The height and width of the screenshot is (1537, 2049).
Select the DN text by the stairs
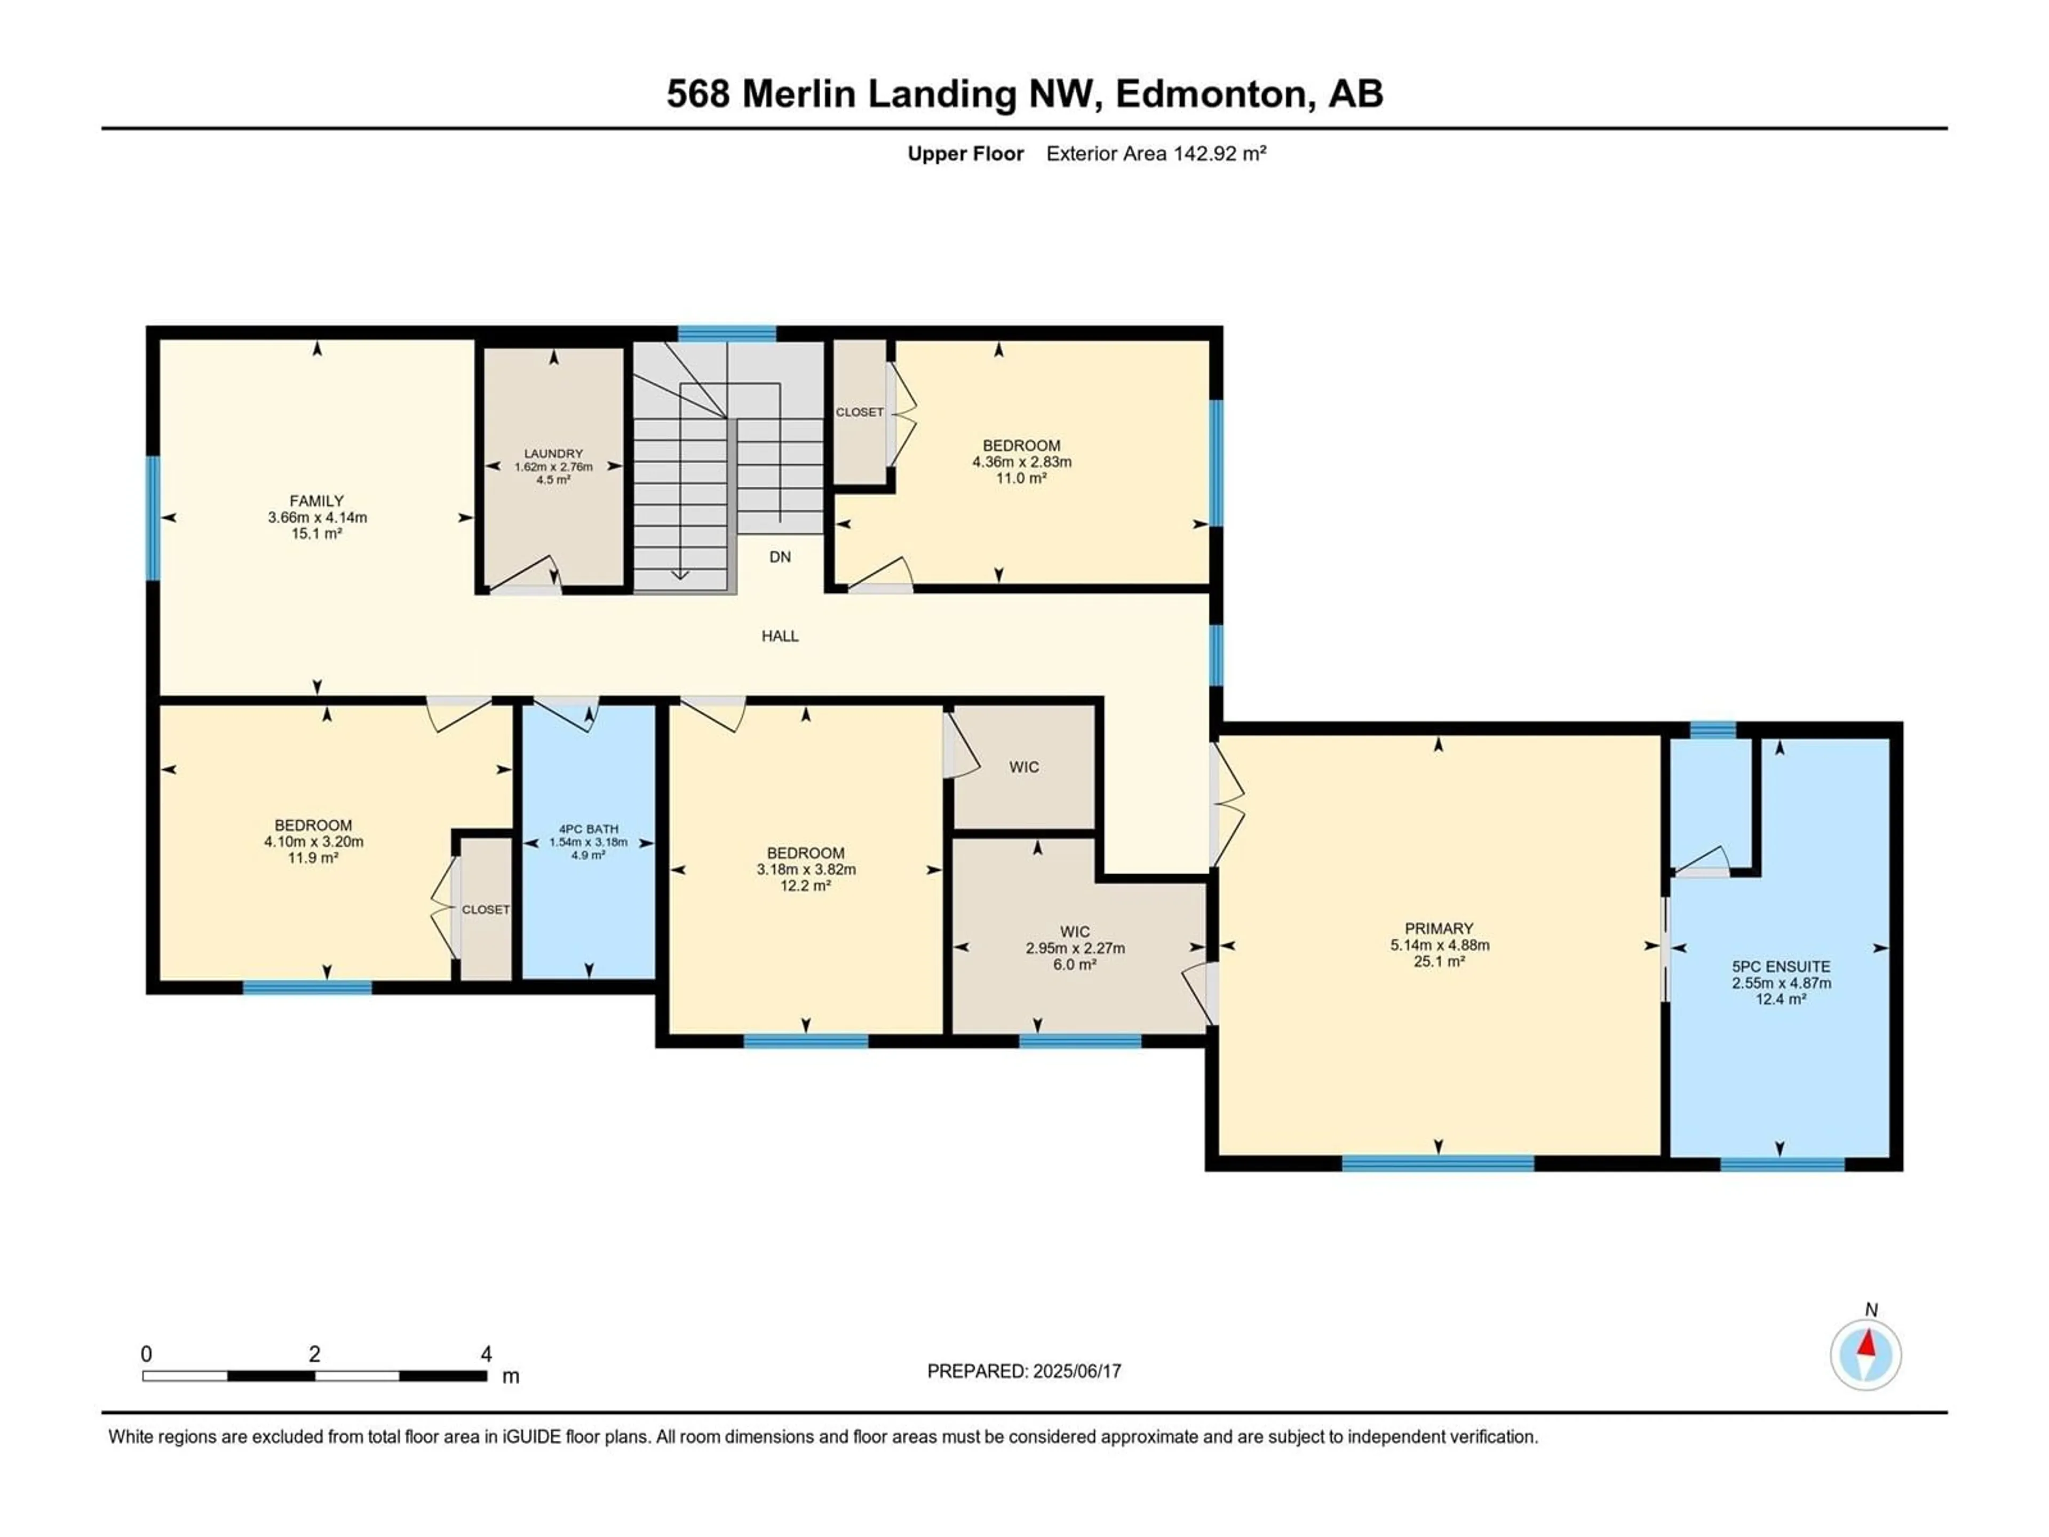pos(780,557)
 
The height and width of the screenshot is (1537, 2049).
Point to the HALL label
pos(780,636)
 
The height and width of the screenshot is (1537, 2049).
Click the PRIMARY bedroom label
pos(1439,928)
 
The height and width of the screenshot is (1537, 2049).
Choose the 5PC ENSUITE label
pos(1781,966)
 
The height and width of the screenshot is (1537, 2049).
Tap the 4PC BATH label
pos(588,829)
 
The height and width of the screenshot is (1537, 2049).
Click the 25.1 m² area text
pos(1439,962)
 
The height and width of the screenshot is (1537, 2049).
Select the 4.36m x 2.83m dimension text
pos(1022,462)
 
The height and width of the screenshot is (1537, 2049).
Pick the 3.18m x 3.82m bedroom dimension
pos(806,869)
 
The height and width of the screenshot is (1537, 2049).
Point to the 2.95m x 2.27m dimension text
pos(1075,948)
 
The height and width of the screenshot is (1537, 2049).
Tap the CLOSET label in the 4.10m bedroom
pos(486,910)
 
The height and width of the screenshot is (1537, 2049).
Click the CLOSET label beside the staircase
pos(860,413)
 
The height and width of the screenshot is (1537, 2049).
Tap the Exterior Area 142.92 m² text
pos(1156,154)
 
